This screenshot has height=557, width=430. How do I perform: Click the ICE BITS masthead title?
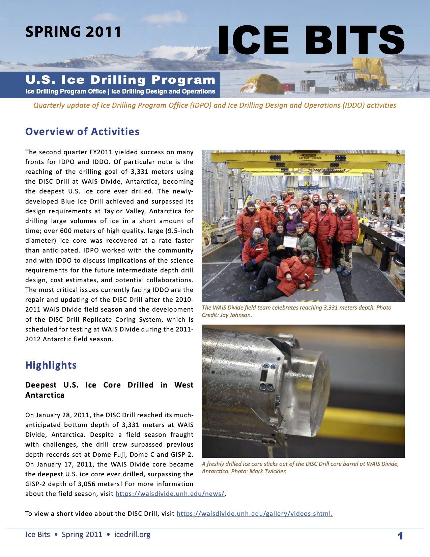coord(311,41)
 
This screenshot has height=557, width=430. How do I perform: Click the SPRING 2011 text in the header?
coord(73,32)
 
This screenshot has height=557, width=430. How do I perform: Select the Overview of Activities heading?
coord(82,131)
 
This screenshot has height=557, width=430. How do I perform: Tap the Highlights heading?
coord(51,365)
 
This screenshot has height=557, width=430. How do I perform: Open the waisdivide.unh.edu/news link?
coord(170,494)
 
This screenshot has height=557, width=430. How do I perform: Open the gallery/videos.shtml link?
coord(255,513)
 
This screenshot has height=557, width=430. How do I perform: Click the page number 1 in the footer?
coord(400,536)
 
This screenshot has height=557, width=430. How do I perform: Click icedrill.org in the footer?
coord(132,534)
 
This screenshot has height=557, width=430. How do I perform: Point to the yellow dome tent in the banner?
coord(262,85)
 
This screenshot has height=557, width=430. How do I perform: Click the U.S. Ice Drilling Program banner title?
coord(120,80)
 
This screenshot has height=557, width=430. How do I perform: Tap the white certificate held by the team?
coord(291,242)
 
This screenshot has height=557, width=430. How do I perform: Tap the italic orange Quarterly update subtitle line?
coord(215,105)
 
